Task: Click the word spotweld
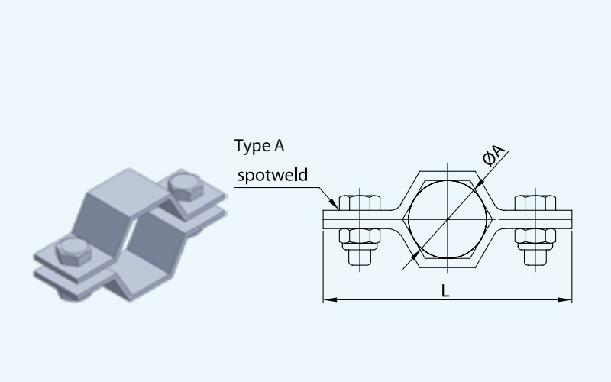[x=273, y=175]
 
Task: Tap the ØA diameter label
[x=493, y=157]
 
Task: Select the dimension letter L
[x=446, y=290]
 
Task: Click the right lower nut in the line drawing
[x=535, y=238]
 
